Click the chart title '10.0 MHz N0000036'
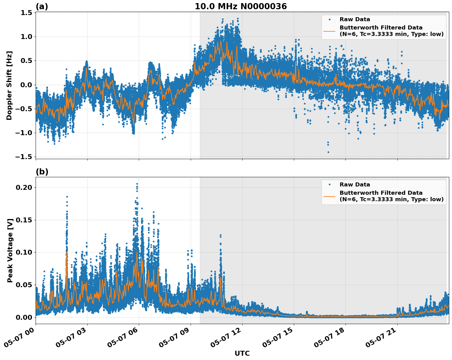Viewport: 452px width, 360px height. click(241, 6)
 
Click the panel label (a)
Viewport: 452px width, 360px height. click(42, 6)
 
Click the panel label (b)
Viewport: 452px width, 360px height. click(42, 172)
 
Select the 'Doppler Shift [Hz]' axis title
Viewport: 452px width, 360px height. click(9, 85)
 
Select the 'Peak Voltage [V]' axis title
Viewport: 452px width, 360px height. click(10, 250)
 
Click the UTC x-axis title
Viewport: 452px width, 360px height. click(242, 353)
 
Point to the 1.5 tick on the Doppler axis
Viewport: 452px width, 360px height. click(27, 13)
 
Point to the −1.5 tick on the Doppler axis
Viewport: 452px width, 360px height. click(24, 157)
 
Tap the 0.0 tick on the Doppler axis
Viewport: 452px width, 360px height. click(27, 85)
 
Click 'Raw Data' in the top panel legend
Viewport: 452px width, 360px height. click(355, 19)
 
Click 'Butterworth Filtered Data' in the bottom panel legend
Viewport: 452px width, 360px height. click(381, 193)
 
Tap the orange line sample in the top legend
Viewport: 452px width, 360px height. click(329, 31)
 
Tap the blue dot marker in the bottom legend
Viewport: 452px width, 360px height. click(329, 185)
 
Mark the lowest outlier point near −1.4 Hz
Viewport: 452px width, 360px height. click(328, 152)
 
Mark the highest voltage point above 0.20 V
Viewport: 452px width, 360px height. click(137, 184)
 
